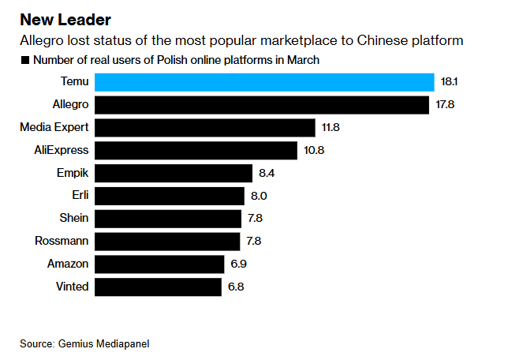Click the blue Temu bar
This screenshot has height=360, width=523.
point(264,82)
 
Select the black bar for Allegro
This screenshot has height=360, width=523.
point(261,105)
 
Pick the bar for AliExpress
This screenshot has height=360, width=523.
point(196,150)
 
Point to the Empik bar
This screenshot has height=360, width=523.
point(174,173)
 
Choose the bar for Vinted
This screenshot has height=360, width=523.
point(158,287)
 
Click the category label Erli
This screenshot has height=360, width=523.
point(80,196)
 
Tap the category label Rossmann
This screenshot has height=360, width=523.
point(62,241)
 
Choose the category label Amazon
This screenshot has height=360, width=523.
point(68,264)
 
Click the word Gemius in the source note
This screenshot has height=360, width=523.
point(75,343)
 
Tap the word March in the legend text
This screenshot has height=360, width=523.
point(304,60)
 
